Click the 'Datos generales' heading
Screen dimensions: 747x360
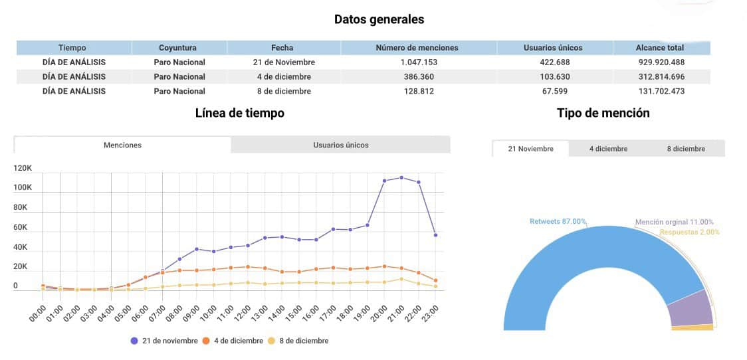[379, 19]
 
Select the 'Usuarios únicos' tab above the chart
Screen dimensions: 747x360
[341, 145]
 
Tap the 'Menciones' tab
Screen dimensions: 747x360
[122, 145]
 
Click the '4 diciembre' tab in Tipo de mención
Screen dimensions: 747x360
[608, 149]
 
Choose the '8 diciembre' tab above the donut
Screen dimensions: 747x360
[686, 149]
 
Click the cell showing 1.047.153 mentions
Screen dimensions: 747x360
[417, 62]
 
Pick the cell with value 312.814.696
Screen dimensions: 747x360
[662, 76]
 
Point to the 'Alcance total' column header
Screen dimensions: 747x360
[660, 48]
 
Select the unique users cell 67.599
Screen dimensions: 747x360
[553, 91]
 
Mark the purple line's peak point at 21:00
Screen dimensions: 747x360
[401, 177]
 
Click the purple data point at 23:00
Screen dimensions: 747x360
[436, 235]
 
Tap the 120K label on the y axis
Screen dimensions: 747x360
[23, 169]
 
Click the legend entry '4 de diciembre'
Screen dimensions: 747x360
[233, 341]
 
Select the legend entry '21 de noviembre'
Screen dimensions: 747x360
[164, 341]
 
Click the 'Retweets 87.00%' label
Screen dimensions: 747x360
[558, 221]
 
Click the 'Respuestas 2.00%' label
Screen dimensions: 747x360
[689, 232]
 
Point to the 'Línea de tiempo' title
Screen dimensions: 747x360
[240, 114]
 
